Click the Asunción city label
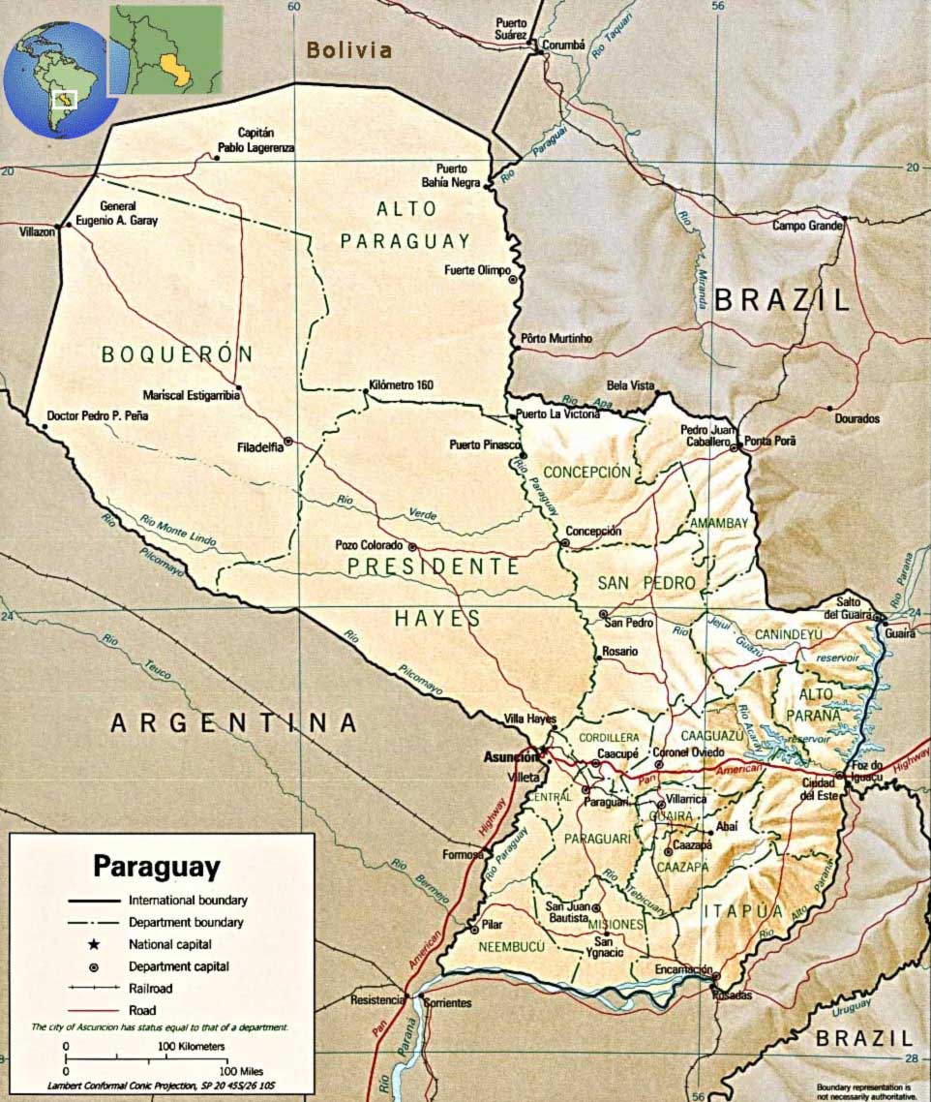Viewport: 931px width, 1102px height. [509, 757]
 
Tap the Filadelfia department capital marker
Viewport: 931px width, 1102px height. [288, 441]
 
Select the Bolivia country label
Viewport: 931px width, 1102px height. [349, 50]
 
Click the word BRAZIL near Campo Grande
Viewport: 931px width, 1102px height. [781, 299]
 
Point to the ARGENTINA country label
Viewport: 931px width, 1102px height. [233, 722]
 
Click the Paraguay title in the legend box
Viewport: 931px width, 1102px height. [156, 865]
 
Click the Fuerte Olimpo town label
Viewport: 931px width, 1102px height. [476, 270]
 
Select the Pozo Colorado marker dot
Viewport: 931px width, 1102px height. [411, 546]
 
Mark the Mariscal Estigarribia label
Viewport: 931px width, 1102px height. [191, 395]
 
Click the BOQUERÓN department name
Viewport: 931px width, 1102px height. [177, 354]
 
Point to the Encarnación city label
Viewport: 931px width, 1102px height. [683, 969]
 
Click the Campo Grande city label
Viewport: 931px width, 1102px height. [808, 227]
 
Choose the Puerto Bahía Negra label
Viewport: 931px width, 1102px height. [458, 174]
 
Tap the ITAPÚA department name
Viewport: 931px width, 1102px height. [742, 910]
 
